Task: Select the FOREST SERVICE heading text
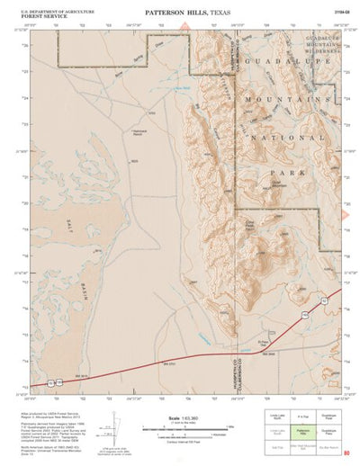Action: click(39, 13)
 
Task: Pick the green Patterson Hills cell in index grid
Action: click(304, 433)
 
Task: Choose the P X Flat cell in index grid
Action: click(304, 418)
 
